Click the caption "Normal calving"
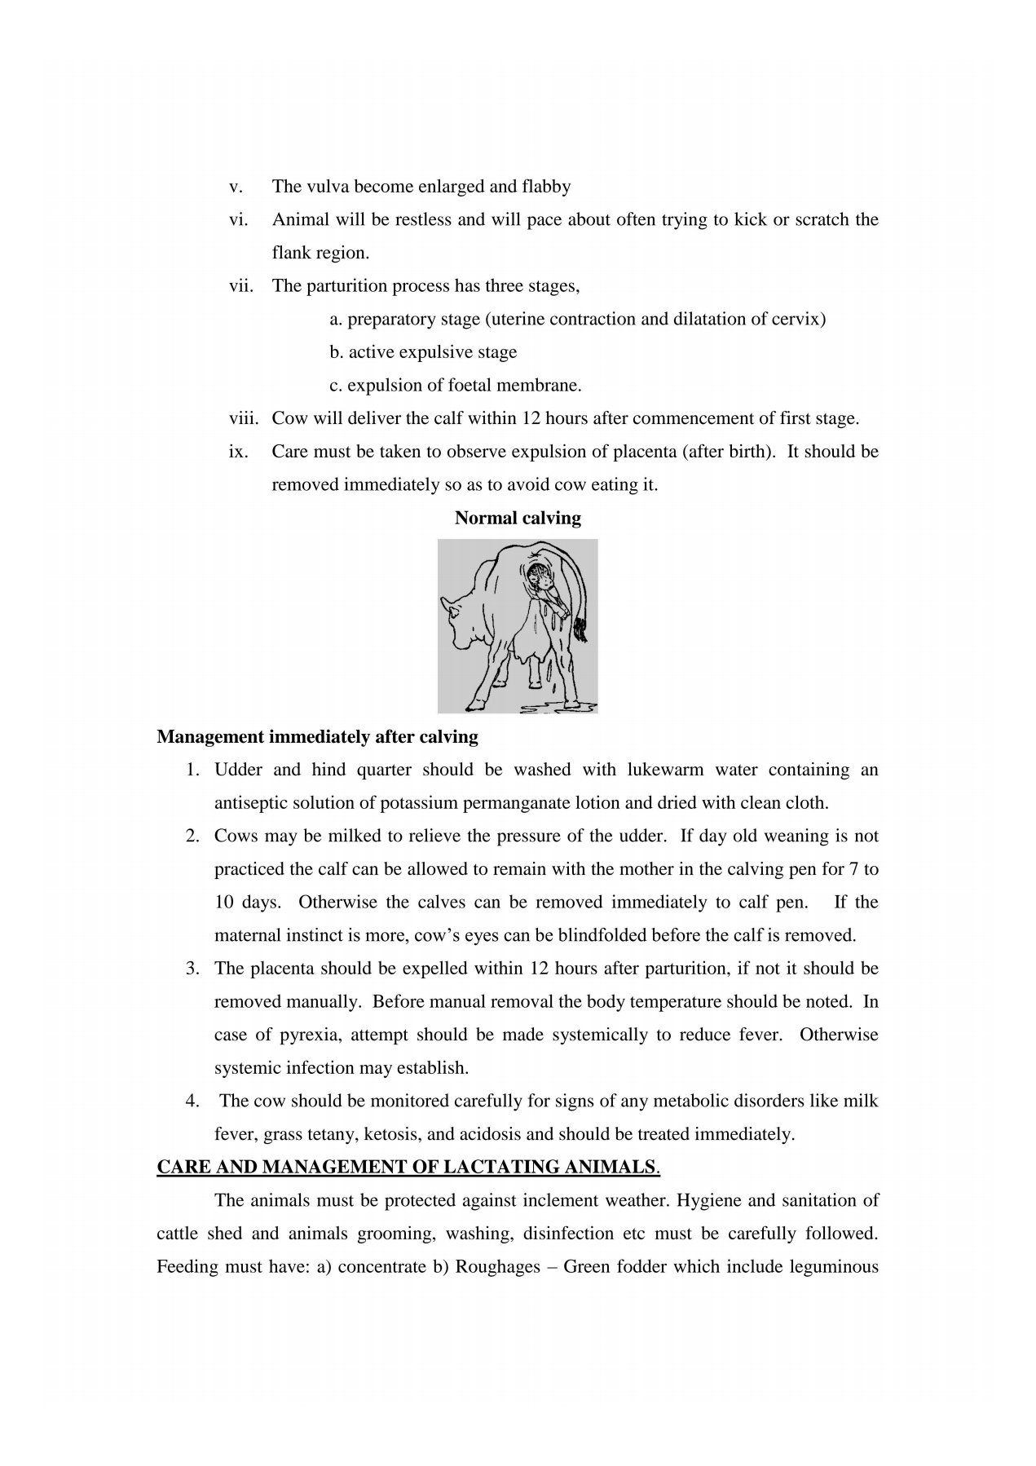[x=518, y=519]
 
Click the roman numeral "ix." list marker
[x=238, y=452]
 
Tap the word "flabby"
[x=544, y=187]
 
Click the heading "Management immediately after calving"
[x=317, y=738]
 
